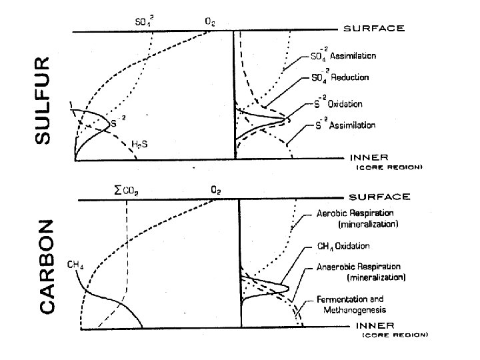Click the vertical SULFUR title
pyautogui.click(x=42, y=99)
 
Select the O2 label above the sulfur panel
pyautogui.click(x=209, y=21)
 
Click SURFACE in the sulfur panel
pyautogui.click(x=373, y=29)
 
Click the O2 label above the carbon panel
pyautogui.click(x=216, y=191)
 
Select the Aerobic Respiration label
pyautogui.click(x=356, y=218)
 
